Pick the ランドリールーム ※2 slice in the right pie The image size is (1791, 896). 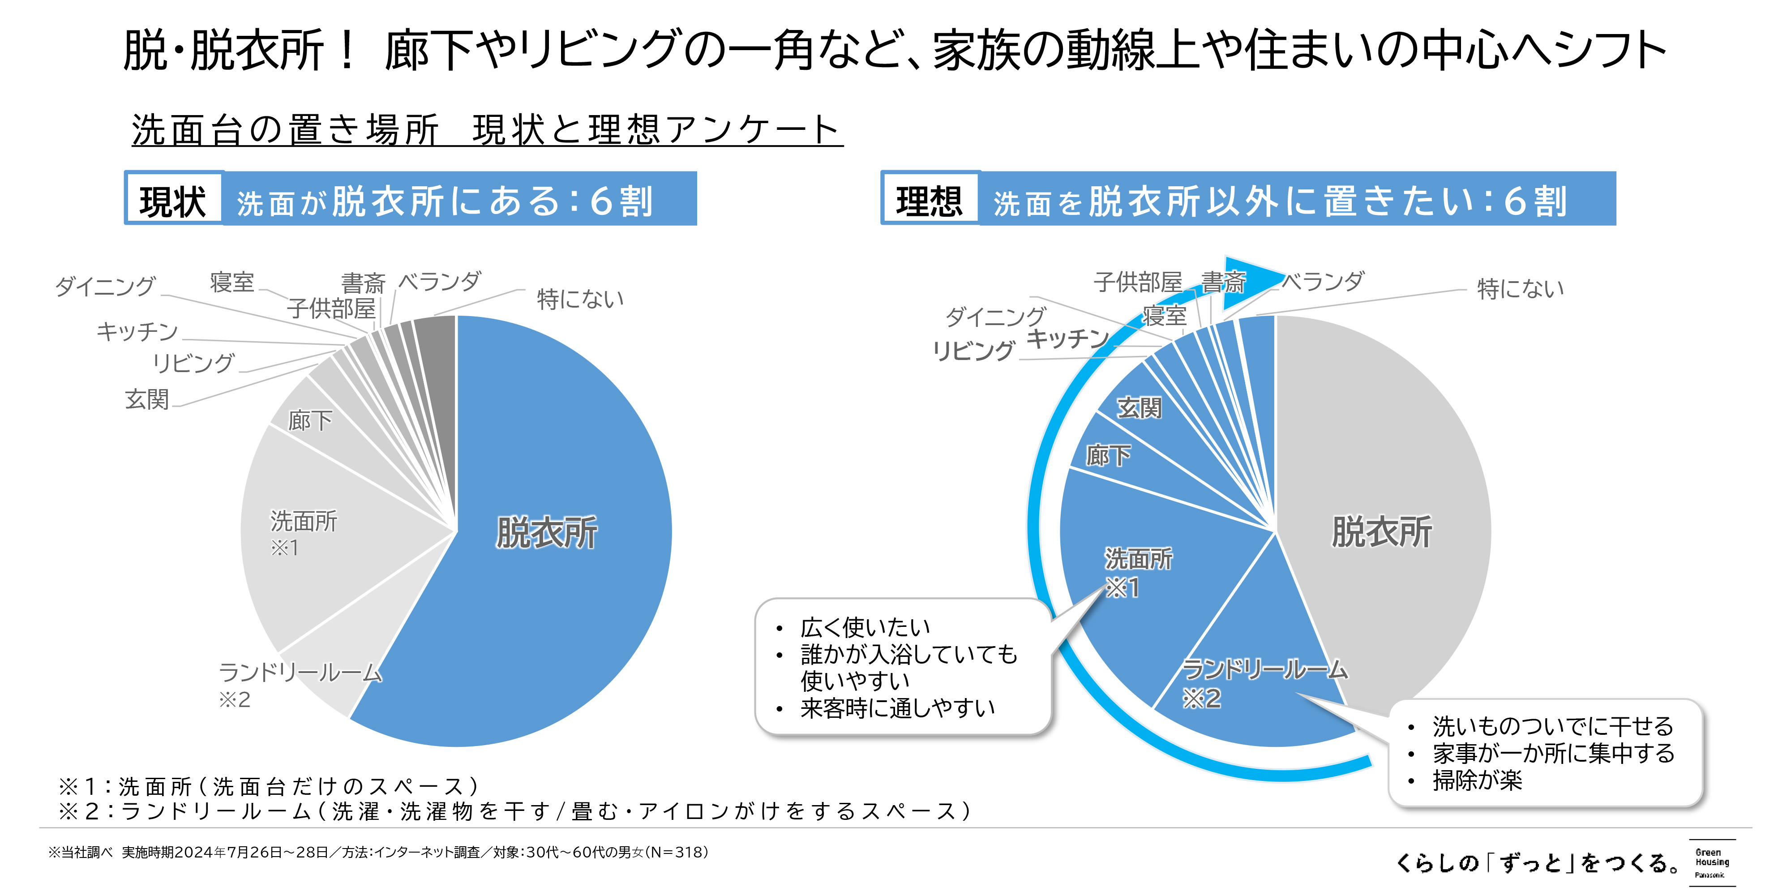coord(1251,660)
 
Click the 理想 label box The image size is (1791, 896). coord(930,200)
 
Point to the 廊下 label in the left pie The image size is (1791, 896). coord(310,420)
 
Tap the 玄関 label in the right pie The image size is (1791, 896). coord(1139,407)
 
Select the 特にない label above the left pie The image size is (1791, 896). coord(580,299)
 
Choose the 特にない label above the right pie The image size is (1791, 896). coord(1520,288)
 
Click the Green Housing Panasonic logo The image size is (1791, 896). coord(1712,862)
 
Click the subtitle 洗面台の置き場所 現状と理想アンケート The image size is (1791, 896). coord(487,130)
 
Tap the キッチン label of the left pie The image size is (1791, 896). coord(137,331)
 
